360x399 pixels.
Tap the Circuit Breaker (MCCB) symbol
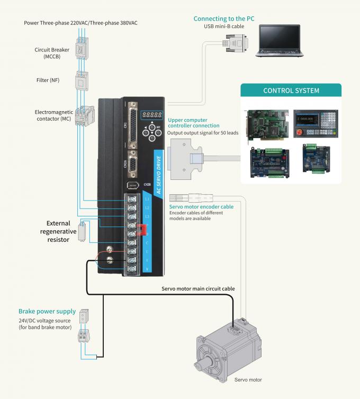point(81,50)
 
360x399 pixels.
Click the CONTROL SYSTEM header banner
point(291,90)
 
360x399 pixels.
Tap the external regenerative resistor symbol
point(82,231)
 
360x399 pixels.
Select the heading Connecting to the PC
point(224,19)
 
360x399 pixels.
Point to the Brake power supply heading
point(47,311)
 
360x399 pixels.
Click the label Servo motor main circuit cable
point(198,288)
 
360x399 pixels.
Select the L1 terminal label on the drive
point(147,199)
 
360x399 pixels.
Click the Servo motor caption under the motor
point(248,379)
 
